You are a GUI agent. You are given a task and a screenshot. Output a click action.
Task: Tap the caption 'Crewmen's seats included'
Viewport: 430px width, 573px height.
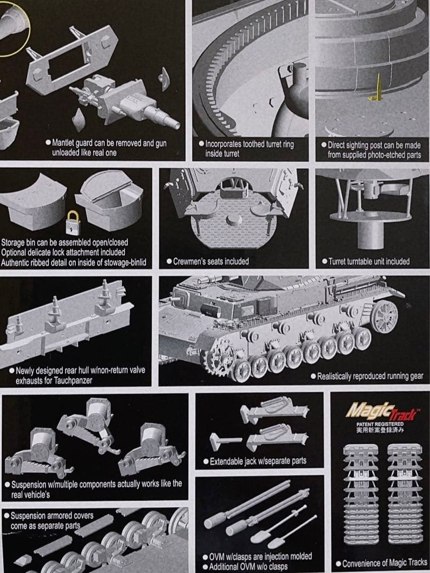coord(211,262)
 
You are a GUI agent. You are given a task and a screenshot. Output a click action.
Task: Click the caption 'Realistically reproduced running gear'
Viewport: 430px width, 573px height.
coord(370,376)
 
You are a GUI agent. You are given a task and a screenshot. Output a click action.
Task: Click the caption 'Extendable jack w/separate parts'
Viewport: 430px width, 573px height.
coord(258,461)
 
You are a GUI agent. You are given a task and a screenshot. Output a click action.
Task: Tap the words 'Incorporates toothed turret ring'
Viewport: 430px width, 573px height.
coord(249,144)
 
